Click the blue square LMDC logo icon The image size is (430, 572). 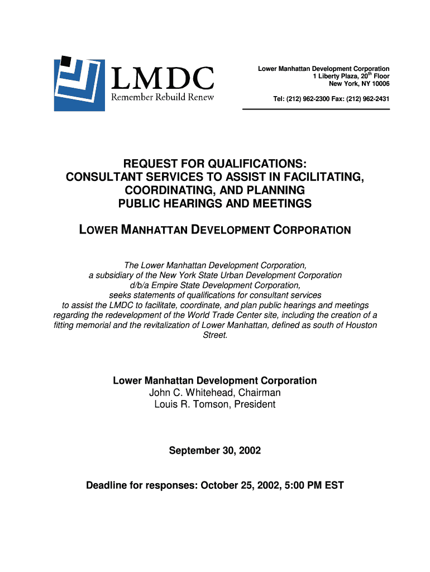79,84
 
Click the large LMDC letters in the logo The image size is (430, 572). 163,78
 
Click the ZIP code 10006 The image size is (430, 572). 379,84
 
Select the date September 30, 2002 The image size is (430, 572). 215,450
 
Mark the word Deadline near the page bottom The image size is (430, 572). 107,485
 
